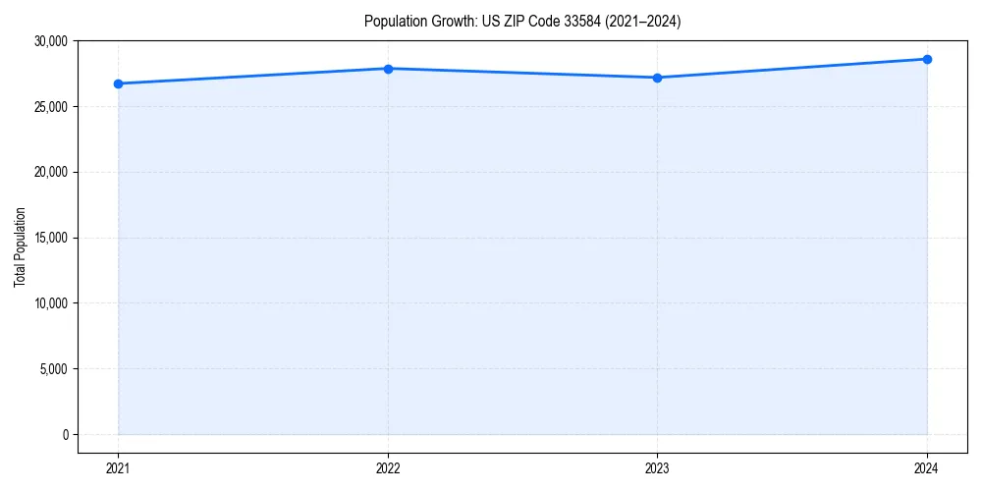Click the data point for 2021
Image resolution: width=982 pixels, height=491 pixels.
(118, 83)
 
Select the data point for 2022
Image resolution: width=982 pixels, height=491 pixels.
(388, 69)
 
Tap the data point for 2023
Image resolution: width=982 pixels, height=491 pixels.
(657, 78)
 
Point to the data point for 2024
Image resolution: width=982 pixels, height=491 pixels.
(927, 59)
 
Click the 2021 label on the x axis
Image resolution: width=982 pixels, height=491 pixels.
(118, 468)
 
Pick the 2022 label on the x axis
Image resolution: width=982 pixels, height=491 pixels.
(388, 468)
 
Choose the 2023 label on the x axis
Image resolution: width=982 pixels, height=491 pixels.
(657, 468)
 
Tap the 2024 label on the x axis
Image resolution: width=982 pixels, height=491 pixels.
(927, 468)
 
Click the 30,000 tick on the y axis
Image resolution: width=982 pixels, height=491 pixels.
(50, 41)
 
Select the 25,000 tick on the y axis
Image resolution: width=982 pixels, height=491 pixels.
(50, 107)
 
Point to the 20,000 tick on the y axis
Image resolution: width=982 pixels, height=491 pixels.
(50, 172)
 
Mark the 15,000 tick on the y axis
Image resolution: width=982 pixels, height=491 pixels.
(50, 238)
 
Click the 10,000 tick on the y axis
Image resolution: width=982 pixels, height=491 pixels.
(50, 303)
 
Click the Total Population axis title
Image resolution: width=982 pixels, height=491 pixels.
(20, 246)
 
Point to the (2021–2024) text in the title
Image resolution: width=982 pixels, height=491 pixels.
(644, 21)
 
